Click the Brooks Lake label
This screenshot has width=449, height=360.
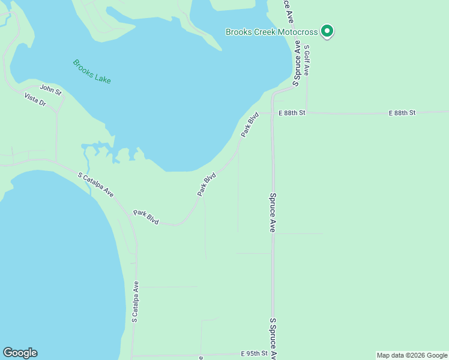pyautogui.click(x=92, y=71)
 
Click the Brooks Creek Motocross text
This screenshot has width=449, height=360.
pyautogui.click(x=272, y=32)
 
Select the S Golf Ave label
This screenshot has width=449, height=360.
pyautogui.click(x=306, y=59)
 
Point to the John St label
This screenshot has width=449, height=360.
pyautogui.click(x=50, y=89)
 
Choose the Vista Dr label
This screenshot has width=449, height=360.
pyautogui.click(x=35, y=100)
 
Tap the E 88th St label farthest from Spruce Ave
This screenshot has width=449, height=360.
pyautogui.click(x=402, y=113)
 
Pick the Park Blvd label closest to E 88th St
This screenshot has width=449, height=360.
pyautogui.click(x=250, y=125)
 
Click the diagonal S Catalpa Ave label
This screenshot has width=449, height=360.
pyautogui.click(x=96, y=184)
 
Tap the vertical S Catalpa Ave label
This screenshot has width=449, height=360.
pyautogui.click(x=136, y=302)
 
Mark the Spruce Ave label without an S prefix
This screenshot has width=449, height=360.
pyautogui.click(x=273, y=212)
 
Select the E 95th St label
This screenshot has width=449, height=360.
pyautogui.click(x=253, y=353)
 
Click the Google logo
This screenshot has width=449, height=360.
pyautogui.click(x=20, y=353)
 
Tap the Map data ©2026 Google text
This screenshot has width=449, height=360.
pyautogui.click(x=412, y=355)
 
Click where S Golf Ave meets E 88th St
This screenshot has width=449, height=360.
pyautogui.click(x=307, y=112)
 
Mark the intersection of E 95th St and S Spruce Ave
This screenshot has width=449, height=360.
pyautogui.click(x=273, y=354)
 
